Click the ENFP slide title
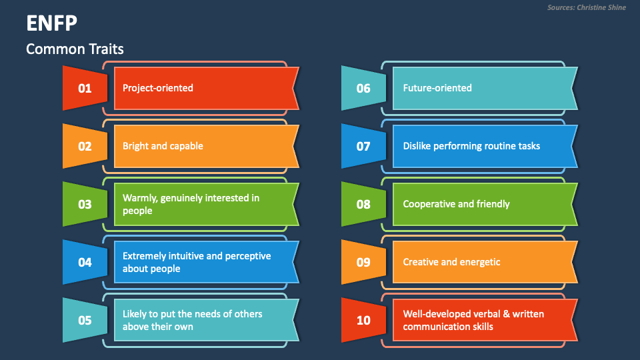coord(51,23)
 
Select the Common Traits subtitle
coord(75,49)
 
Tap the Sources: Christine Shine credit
coord(587,7)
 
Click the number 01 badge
coord(85,88)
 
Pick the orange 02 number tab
coord(85,146)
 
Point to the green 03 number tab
coord(85,204)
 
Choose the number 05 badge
coord(85,320)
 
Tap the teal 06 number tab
coord(363,88)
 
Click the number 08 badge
coord(363,204)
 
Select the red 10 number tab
coord(363,320)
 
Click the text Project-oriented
coord(158,88)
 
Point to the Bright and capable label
coord(163,146)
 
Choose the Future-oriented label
coord(437,88)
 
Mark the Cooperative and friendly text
coord(456,204)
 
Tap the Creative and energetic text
coord(451,262)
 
